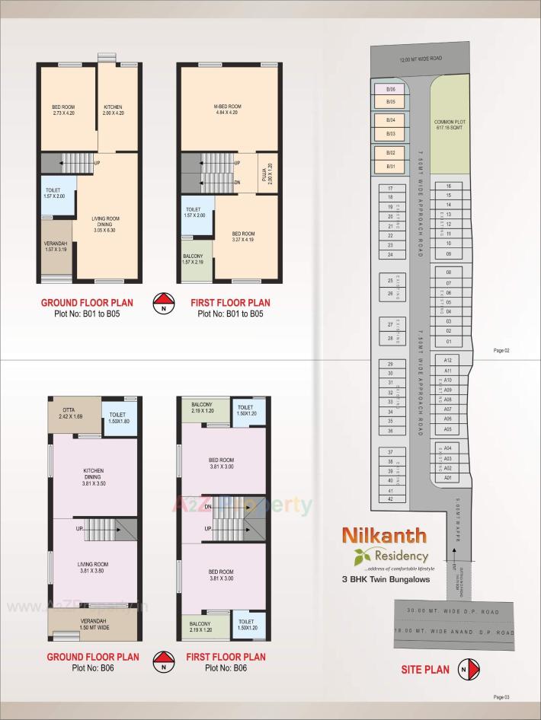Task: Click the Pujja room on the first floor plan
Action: click(268, 174)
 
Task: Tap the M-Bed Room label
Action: click(228, 109)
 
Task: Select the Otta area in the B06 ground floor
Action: click(74, 415)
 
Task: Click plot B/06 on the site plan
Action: click(390, 89)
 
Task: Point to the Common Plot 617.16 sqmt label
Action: click(450, 125)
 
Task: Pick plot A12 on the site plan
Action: click(448, 360)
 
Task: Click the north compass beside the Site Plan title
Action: click(470, 670)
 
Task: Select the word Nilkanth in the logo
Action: click(386, 536)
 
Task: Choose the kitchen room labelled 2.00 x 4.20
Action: click(117, 110)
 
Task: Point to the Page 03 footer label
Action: click(501, 697)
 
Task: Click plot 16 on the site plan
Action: click(449, 186)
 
